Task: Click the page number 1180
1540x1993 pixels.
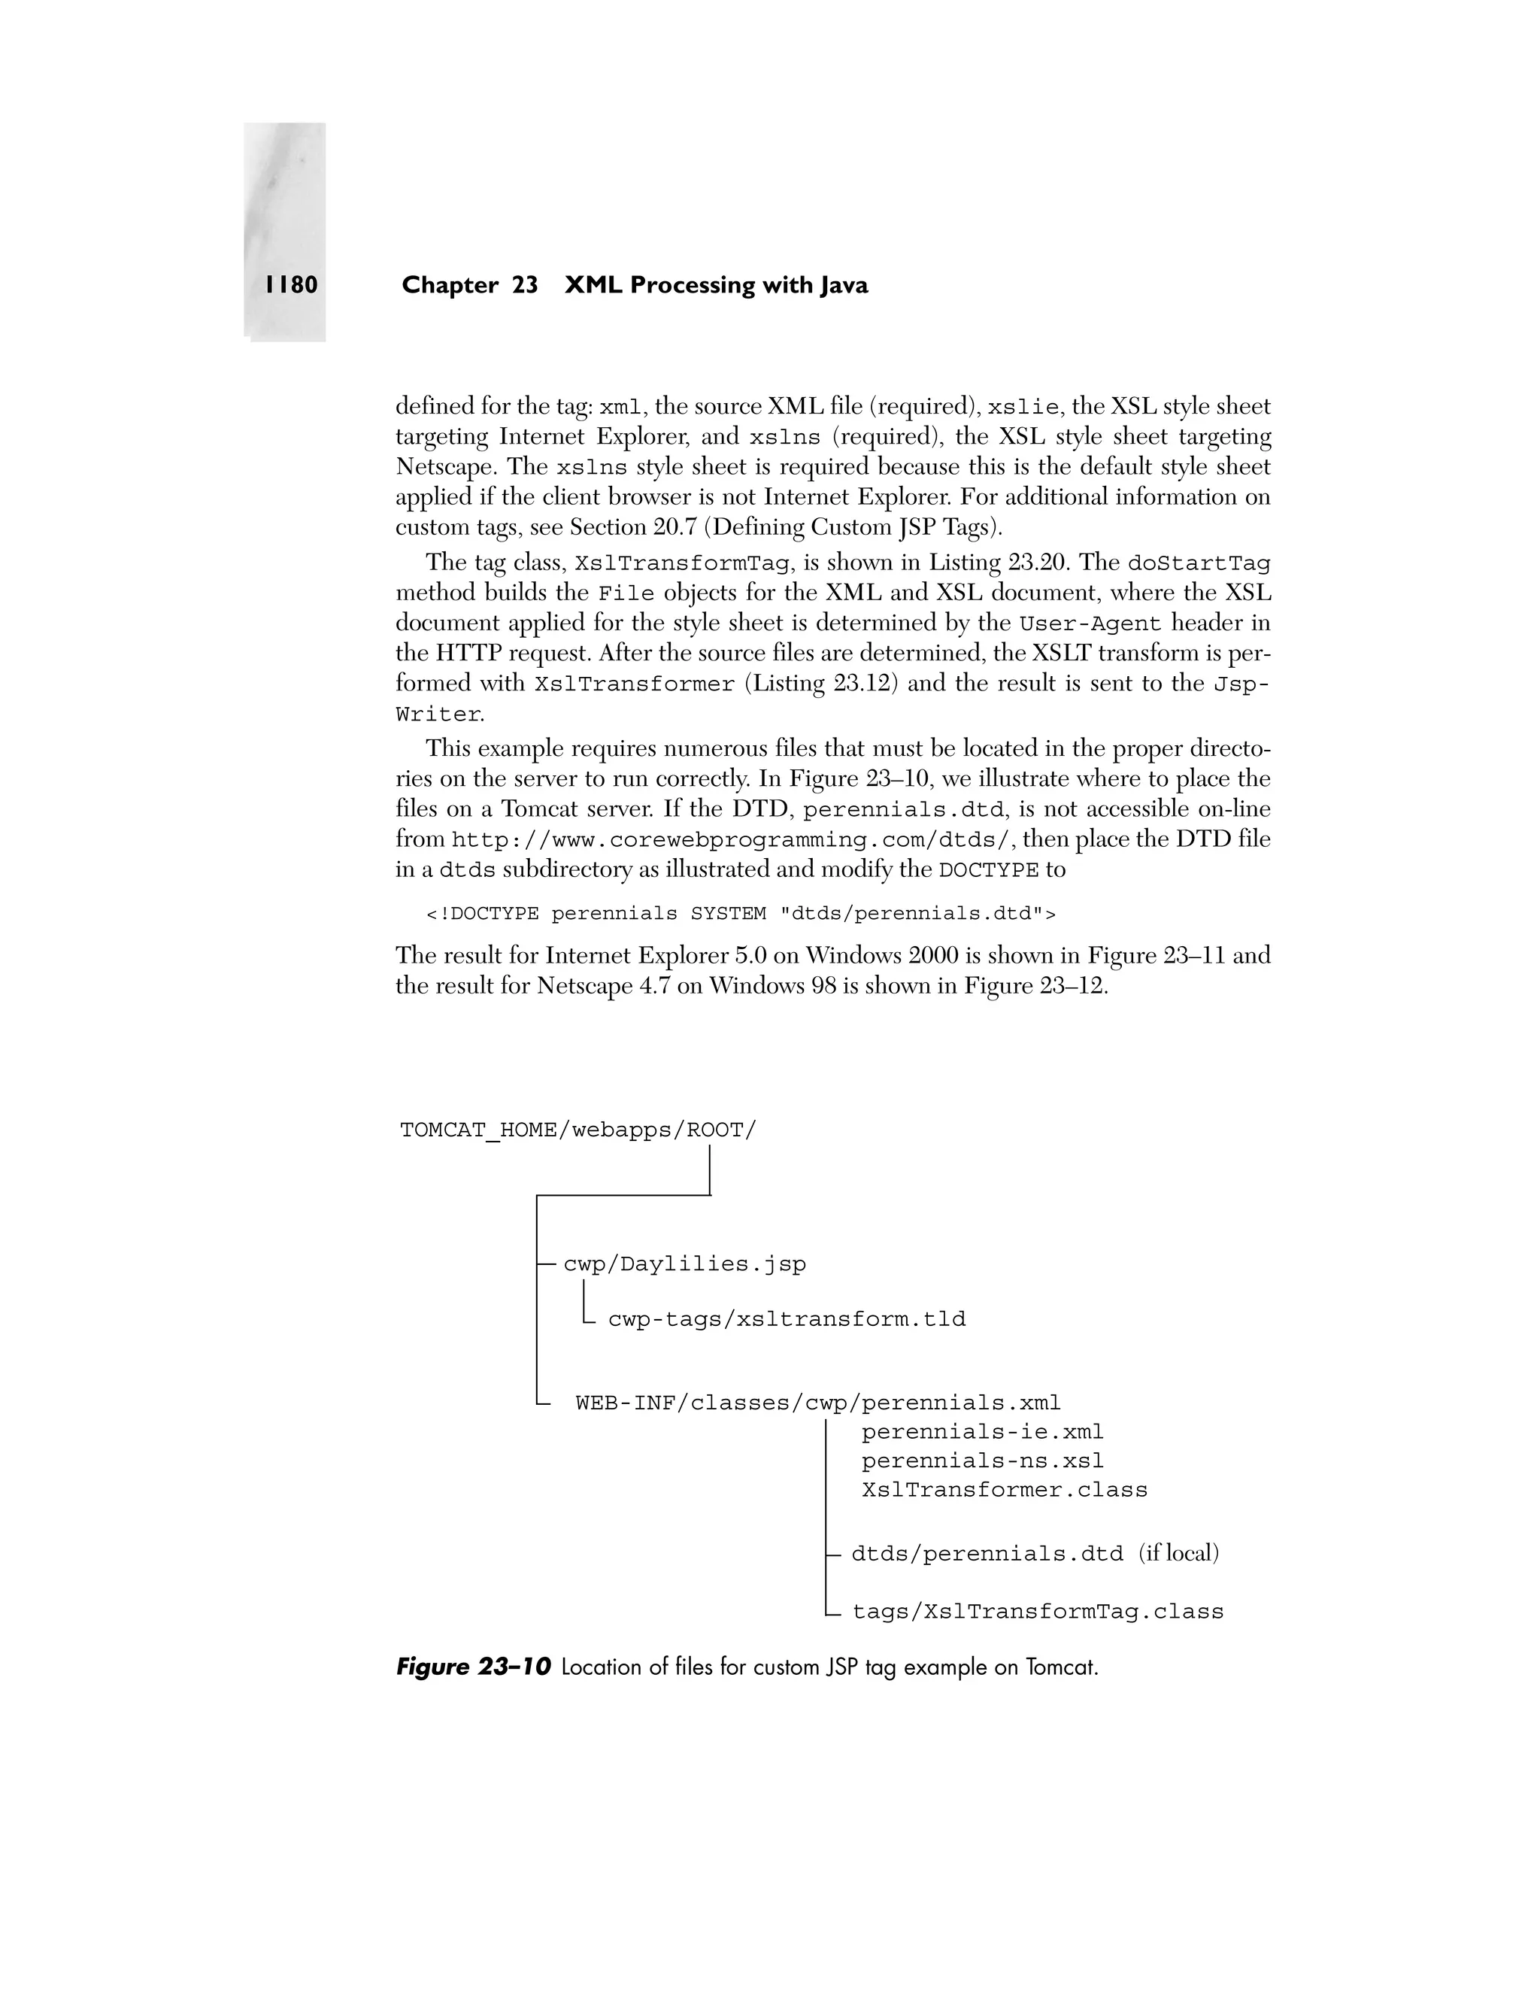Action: pyautogui.click(x=292, y=286)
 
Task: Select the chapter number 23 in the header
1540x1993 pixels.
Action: pyautogui.click(x=525, y=286)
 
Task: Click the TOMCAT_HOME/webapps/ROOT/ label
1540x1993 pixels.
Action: pyautogui.click(x=578, y=1130)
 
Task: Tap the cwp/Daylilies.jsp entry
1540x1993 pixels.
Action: pyautogui.click(x=684, y=1264)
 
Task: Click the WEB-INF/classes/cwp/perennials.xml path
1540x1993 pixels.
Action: pyautogui.click(x=817, y=1403)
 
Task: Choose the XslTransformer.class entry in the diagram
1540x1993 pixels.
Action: pyautogui.click(x=1004, y=1490)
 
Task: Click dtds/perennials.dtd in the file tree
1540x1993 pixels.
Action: pyautogui.click(x=987, y=1554)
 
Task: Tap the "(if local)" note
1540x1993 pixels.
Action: pyautogui.click(x=1178, y=1553)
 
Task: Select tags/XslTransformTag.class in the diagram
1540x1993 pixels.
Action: pyautogui.click(x=1037, y=1612)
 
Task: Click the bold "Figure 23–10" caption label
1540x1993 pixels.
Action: pyautogui.click(x=474, y=1667)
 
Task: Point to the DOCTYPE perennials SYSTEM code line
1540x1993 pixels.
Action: pyautogui.click(x=740, y=914)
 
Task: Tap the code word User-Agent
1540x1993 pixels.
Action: pyautogui.click(x=1090, y=624)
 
